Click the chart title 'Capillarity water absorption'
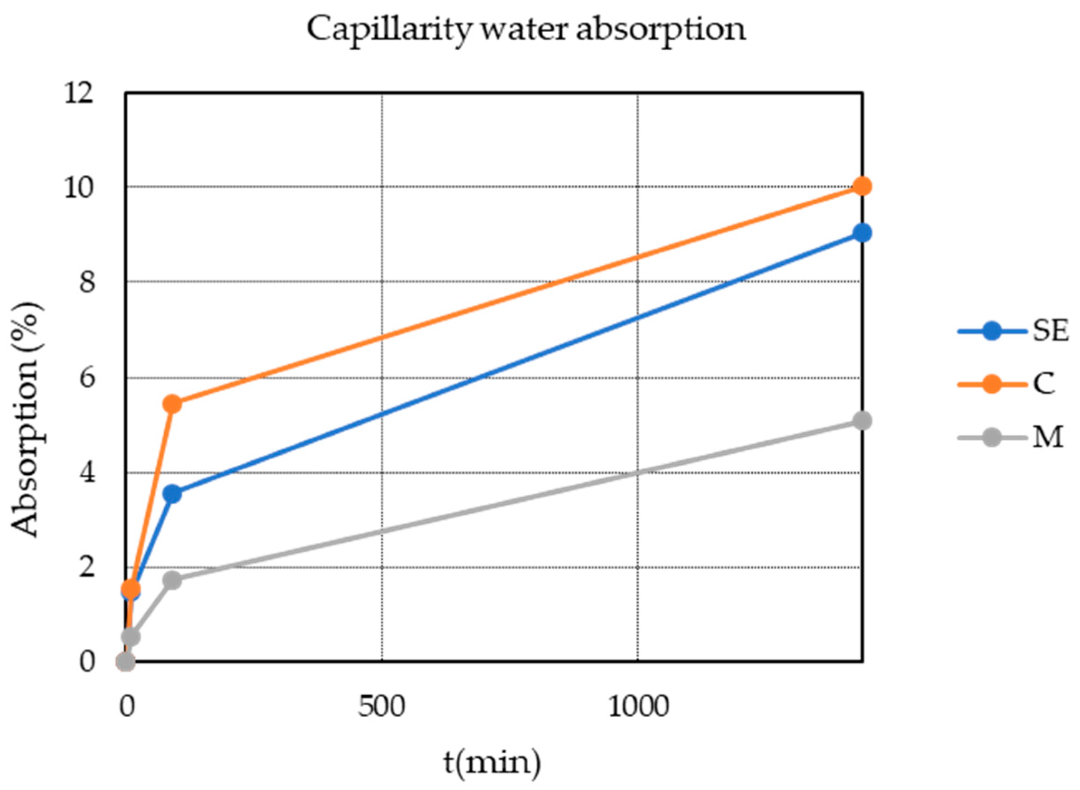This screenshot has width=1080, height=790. point(526,29)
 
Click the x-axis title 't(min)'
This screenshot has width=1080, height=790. point(492,762)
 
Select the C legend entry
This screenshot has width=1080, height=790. point(1044,384)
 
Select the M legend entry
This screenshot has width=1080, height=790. point(1047,437)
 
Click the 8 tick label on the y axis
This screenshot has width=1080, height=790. point(86,283)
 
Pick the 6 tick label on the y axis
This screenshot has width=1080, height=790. point(86,378)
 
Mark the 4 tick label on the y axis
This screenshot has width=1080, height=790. point(86,473)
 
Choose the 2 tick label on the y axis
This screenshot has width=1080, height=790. point(86,568)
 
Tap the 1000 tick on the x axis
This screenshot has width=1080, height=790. point(637,707)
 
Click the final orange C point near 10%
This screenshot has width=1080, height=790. point(862,187)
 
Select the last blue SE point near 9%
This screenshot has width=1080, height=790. point(862,233)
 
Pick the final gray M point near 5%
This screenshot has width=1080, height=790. point(862,421)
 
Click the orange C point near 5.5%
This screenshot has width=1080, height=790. point(172,404)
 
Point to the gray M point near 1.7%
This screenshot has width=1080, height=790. point(172,581)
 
